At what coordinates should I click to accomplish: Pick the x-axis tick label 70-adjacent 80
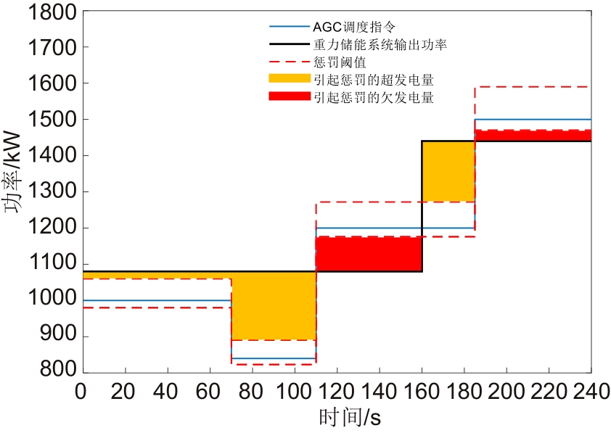[251, 389]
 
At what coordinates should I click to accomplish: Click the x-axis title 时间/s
[350, 417]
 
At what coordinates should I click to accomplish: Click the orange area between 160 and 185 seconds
[448, 171]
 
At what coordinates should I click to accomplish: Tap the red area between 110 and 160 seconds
[369, 254]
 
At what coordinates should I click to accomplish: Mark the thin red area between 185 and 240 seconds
[533, 136]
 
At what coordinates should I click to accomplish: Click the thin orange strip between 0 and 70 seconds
[155, 275]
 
